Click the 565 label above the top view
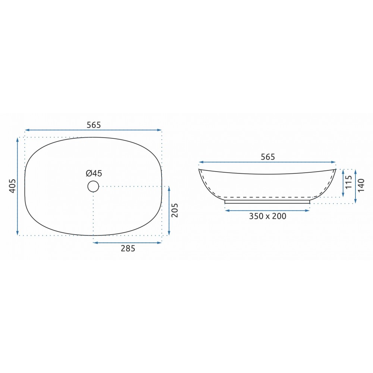point(94,125)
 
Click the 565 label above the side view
point(268,157)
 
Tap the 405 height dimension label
point(12,186)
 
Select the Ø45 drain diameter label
point(94,173)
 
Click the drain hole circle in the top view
point(93,186)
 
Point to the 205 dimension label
point(175,210)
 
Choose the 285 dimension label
point(128,248)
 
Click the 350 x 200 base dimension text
point(267,216)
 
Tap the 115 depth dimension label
point(348,182)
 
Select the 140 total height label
point(361,185)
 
